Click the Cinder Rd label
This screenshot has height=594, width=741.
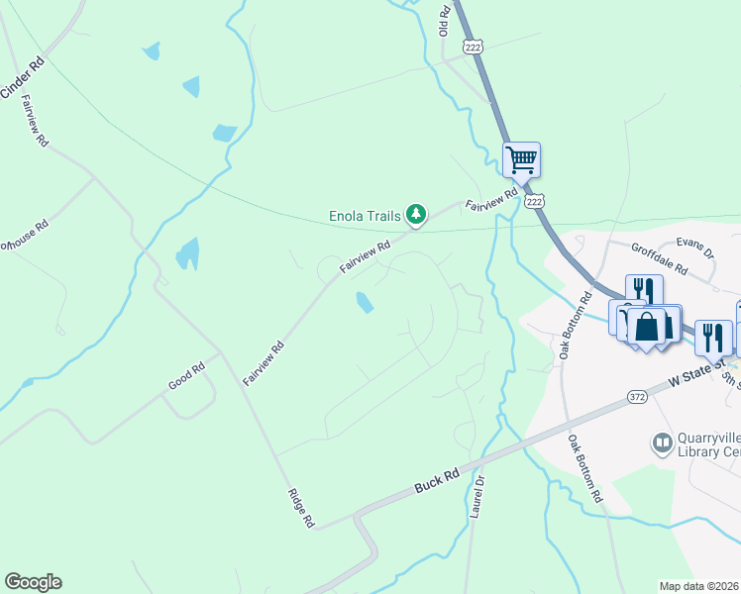(22, 77)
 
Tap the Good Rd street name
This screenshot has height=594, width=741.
(185, 374)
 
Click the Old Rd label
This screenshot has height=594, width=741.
(445, 22)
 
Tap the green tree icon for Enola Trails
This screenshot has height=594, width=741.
(417, 214)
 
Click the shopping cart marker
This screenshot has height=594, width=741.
(521, 158)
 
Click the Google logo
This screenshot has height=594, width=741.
(33, 582)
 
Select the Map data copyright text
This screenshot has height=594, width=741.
(699, 586)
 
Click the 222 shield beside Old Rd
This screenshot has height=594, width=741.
(475, 47)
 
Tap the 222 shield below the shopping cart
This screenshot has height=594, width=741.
(535, 201)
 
